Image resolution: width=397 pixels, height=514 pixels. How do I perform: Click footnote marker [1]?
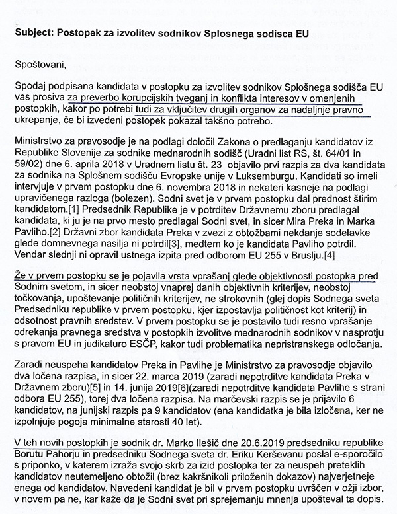tap(67, 216)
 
